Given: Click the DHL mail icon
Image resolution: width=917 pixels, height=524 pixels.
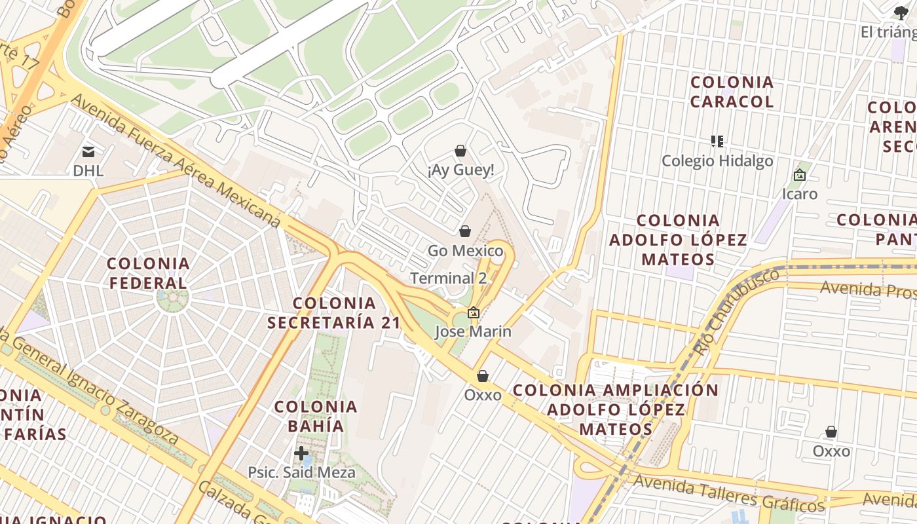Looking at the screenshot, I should [x=88, y=152].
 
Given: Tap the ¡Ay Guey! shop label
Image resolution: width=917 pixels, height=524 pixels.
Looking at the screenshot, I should [x=460, y=170].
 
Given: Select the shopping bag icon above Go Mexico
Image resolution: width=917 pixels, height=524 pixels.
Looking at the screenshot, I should [x=465, y=231].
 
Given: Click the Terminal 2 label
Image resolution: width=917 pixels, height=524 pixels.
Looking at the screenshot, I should [x=449, y=278].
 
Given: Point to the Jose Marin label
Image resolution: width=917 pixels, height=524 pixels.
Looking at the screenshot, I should [x=473, y=331].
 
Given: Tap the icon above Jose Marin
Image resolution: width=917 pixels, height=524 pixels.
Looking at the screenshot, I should [x=473, y=313].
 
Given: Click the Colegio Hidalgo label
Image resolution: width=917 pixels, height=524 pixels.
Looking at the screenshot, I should [x=717, y=161].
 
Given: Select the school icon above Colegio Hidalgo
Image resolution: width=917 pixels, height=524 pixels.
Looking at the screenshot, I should [x=717, y=141].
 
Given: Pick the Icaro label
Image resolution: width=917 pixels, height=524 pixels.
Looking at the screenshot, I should [x=800, y=194].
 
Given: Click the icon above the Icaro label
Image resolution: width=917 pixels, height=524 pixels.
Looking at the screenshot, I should [x=799, y=175].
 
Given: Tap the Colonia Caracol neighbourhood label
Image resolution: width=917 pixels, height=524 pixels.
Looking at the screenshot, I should [x=732, y=92].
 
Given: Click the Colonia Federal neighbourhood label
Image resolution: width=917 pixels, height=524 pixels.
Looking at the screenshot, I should [x=149, y=273].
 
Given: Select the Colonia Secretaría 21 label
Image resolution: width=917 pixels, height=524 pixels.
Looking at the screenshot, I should [x=334, y=312].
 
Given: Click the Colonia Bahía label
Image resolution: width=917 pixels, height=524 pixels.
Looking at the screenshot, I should [x=316, y=416].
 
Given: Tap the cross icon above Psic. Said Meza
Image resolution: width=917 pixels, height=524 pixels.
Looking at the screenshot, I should [x=301, y=453].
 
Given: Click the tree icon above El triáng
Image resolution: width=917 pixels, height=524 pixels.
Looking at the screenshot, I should [x=901, y=12].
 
